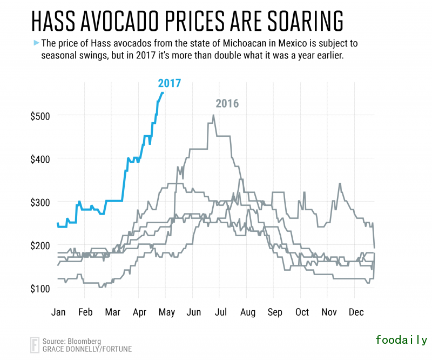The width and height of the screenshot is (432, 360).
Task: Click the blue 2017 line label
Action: [169, 83]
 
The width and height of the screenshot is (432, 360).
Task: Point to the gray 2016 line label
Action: [227, 104]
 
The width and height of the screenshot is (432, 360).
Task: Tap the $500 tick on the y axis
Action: [43, 116]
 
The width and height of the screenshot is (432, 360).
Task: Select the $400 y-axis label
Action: [43, 159]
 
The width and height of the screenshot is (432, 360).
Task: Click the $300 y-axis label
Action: [43, 202]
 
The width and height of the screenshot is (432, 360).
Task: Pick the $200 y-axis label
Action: [43, 245]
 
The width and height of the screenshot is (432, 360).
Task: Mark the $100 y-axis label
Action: [43, 288]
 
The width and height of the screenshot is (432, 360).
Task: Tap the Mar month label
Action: [112, 312]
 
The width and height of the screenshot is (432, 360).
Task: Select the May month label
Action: [166, 312]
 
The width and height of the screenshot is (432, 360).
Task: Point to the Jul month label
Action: [220, 312]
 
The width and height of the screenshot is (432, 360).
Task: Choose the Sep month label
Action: [274, 312]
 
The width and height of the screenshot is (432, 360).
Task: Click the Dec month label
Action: [355, 312]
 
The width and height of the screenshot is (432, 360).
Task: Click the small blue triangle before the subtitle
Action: [36, 42]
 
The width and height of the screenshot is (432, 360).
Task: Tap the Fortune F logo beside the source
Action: [35, 345]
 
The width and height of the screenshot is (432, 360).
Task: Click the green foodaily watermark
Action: [402, 340]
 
